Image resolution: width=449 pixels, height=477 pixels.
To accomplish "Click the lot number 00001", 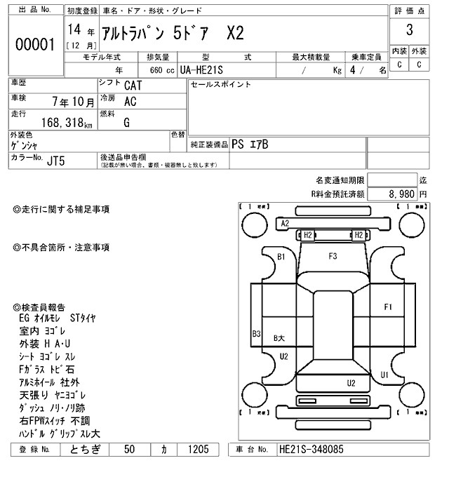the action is pyautogui.click(x=34, y=45).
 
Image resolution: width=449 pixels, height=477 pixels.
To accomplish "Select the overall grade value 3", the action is pyautogui.click(x=409, y=31).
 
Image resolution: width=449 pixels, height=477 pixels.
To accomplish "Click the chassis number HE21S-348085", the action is pyautogui.click(x=321, y=449).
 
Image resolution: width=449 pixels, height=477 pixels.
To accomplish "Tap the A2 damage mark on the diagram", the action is pyautogui.click(x=285, y=223).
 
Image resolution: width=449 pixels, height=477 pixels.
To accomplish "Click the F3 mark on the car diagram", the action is pyautogui.click(x=333, y=255).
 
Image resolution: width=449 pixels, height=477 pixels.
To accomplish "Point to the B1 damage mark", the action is pyautogui.click(x=281, y=257).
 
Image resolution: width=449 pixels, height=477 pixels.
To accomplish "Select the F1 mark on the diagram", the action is pyautogui.click(x=388, y=307).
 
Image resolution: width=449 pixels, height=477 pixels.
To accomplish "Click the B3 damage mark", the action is pyautogui.click(x=257, y=334).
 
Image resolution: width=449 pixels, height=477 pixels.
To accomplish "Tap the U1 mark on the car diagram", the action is pyautogui.click(x=384, y=375).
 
